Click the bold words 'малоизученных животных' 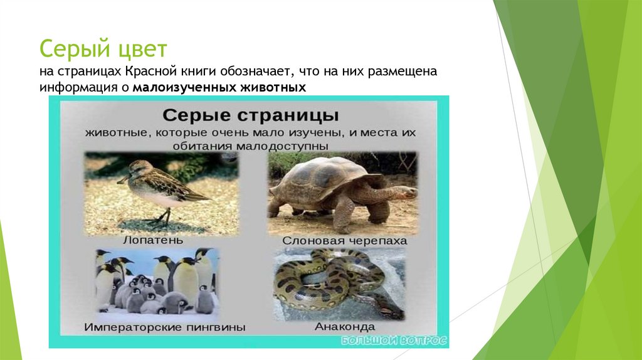[219, 87]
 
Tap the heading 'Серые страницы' [251, 116]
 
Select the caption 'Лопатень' [161, 240]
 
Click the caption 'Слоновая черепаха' [344, 240]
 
